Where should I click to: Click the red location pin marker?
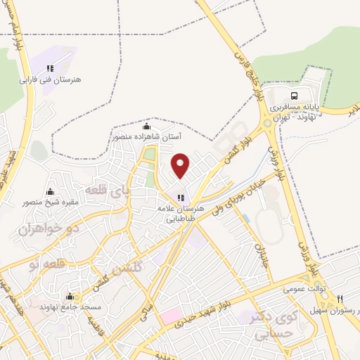181,165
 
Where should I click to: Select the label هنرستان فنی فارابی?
50,79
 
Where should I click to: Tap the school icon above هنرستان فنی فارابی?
50,68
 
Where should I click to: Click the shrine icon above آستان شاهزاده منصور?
146,127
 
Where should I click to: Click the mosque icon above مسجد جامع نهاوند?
70,296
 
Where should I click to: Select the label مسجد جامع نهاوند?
70,307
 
